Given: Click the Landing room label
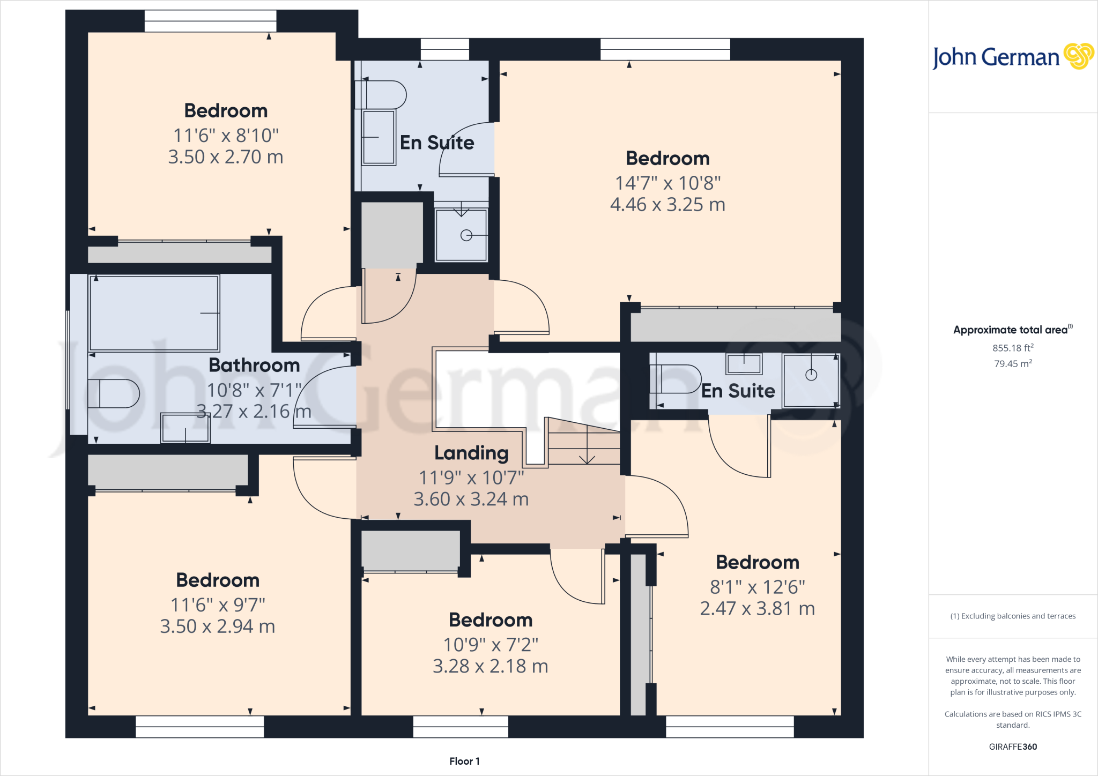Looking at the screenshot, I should [x=471, y=453].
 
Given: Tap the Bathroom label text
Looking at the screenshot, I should [x=254, y=365].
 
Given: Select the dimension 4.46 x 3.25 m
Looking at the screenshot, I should [x=667, y=205].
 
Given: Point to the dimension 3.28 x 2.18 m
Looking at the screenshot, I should [x=490, y=666].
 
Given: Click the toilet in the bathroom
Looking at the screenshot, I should [x=113, y=394].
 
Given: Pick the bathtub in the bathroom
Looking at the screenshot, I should [x=154, y=313].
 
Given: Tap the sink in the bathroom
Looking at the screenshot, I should [x=185, y=428].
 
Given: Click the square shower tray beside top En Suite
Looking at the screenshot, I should [x=461, y=235].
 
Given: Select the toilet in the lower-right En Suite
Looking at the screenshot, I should [x=674, y=379].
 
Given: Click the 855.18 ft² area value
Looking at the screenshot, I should [x=1013, y=348].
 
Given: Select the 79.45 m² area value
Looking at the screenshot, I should [x=1013, y=364].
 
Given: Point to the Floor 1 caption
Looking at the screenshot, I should [x=464, y=761].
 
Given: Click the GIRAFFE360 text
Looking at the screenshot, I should [x=1013, y=747].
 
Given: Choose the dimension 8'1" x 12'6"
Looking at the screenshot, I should [x=757, y=587].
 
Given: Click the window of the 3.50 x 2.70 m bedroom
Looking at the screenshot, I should [x=210, y=21].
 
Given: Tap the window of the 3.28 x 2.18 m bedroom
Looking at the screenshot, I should [x=461, y=727].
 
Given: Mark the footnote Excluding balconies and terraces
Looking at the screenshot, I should [x=1013, y=616].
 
